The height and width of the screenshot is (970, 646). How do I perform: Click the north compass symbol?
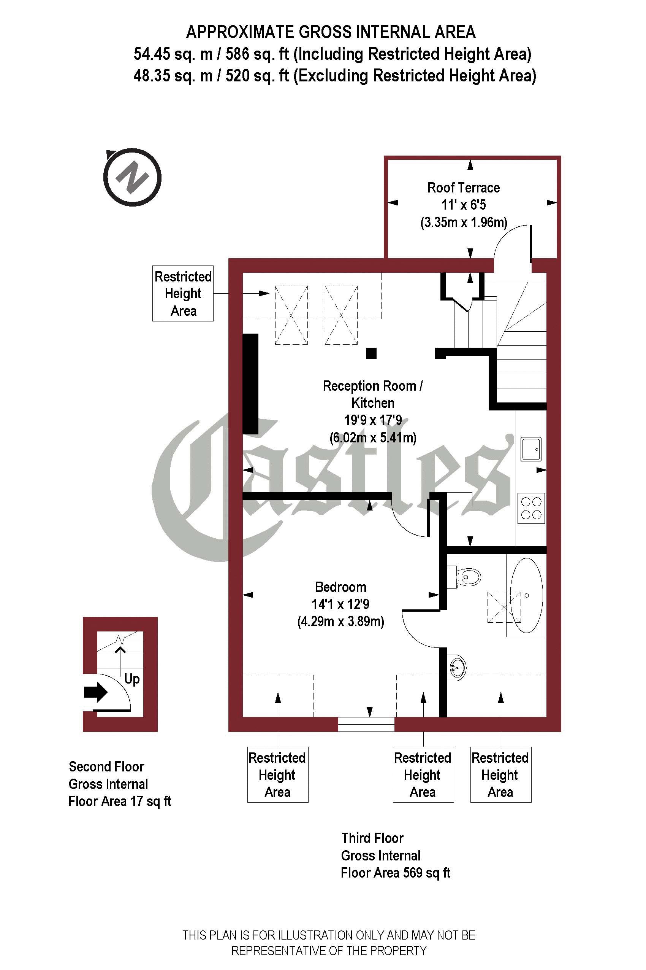pyautogui.click(x=132, y=177)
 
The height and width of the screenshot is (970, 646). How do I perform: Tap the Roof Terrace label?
pyautogui.click(x=463, y=188)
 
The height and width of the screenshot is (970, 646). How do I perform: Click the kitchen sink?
pyautogui.click(x=531, y=449)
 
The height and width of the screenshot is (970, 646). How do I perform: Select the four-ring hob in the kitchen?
pyautogui.click(x=531, y=508)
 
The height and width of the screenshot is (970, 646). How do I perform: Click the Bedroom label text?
pyautogui.click(x=340, y=587)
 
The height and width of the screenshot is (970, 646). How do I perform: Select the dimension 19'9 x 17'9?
pyautogui.click(x=373, y=420)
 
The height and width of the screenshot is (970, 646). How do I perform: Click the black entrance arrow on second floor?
pyautogui.click(x=96, y=692)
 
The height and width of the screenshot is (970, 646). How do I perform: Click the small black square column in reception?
pyautogui.click(x=371, y=353)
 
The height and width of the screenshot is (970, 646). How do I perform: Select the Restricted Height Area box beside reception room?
pyautogui.click(x=183, y=293)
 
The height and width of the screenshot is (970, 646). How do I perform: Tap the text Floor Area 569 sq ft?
pyautogui.click(x=396, y=873)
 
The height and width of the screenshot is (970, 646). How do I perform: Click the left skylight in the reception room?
pyautogui.click(x=291, y=315)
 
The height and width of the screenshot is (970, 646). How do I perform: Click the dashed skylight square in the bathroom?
pyautogui.click(x=504, y=607)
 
